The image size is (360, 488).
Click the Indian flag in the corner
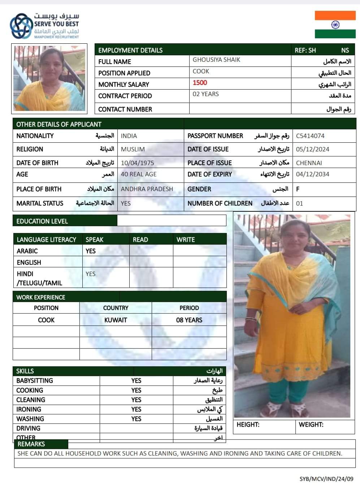(x=335, y=25)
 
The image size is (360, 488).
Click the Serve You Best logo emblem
(x=21, y=26)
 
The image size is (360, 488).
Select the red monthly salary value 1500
(x=200, y=83)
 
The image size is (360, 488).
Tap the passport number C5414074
(x=310, y=136)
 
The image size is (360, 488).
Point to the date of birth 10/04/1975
(x=137, y=163)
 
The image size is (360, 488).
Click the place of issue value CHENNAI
(x=309, y=163)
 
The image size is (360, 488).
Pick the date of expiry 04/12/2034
(x=312, y=174)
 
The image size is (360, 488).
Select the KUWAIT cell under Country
(x=116, y=320)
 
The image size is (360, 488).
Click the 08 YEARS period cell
(x=189, y=320)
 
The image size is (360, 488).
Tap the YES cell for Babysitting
(x=136, y=381)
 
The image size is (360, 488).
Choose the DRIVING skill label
(x=28, y=428)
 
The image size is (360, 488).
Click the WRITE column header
(x=186, y=239)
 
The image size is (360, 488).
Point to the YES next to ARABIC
(x=91, y=251)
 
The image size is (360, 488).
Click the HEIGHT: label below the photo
(x=248, y=425)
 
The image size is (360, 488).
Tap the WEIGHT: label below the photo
(x=311, y=425)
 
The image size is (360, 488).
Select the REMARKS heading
(x=31, y=444)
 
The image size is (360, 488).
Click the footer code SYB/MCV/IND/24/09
(x=326, y=479)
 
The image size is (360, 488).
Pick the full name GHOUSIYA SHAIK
(x=216, y=60)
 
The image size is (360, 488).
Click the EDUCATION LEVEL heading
(x=42, y=221)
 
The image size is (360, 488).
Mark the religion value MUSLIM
(x=133, y=149)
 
